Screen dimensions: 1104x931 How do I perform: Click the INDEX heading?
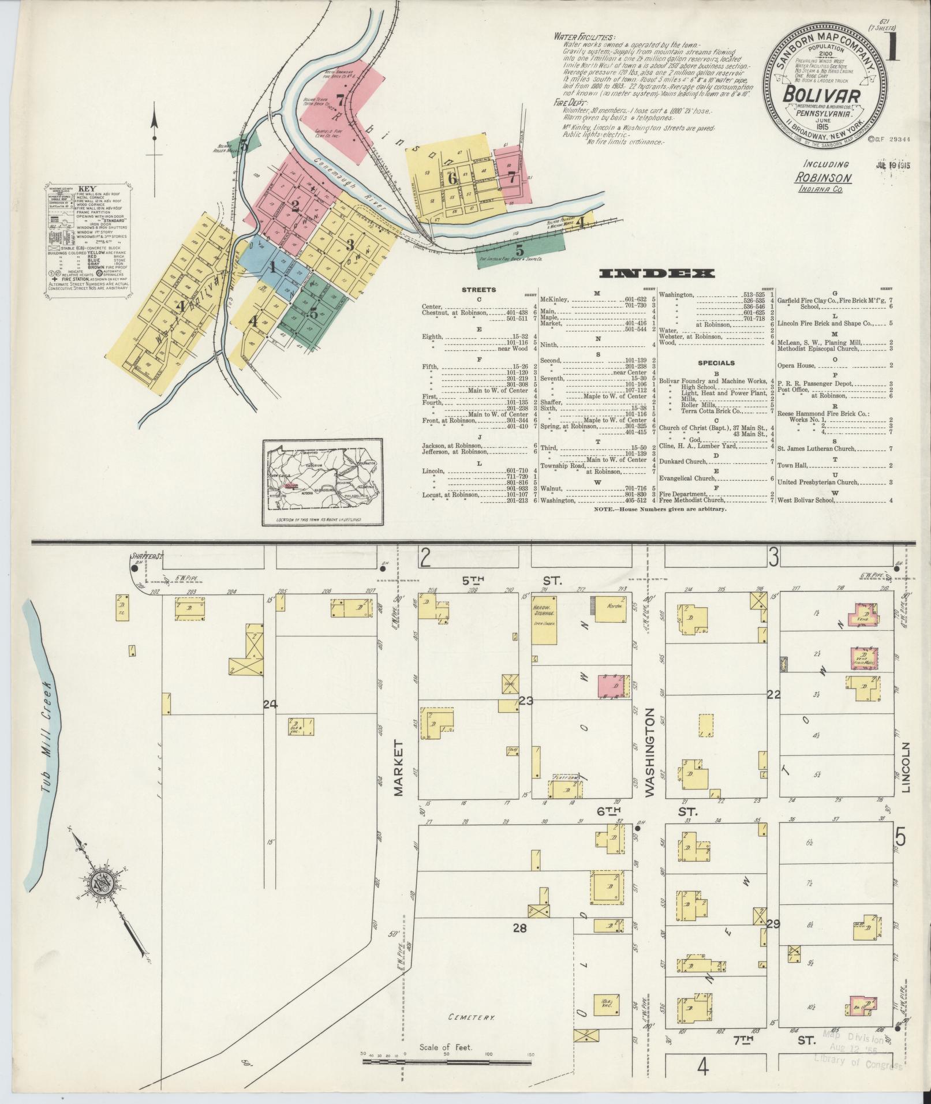(657, 274)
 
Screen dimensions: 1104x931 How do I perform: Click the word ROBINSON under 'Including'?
(819, 178)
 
